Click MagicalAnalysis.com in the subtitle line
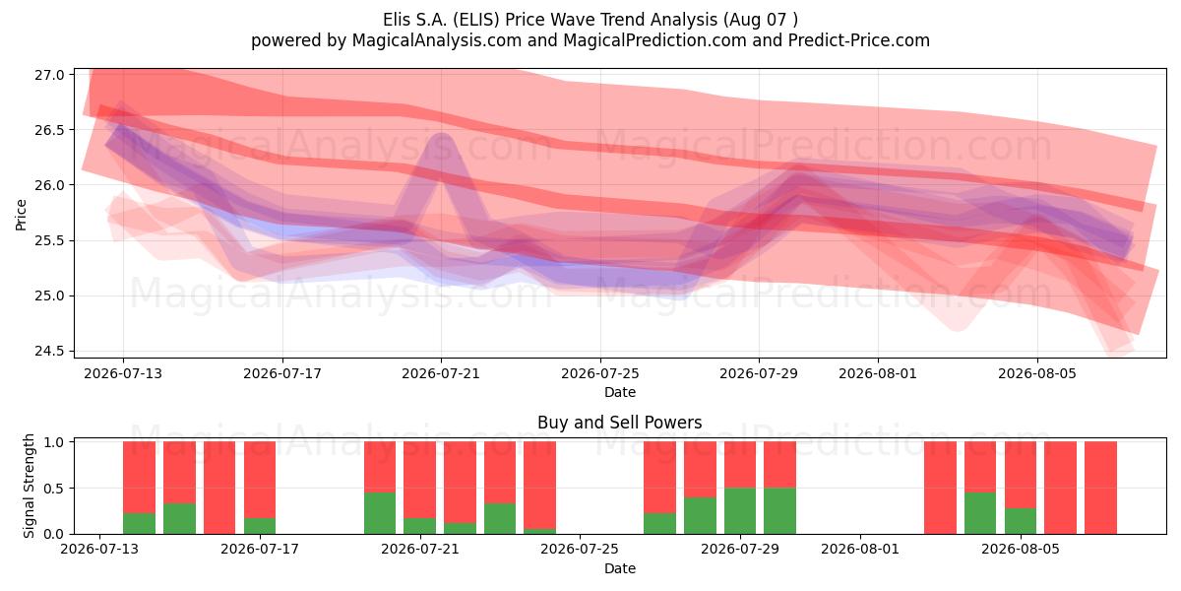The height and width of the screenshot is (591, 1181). point(437,40)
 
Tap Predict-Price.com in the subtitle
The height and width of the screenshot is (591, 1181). point(859,40)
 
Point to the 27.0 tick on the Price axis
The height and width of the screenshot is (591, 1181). point(49,75)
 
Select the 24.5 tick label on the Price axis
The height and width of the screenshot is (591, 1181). point(49,351)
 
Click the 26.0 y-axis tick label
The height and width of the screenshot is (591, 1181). point(49,185)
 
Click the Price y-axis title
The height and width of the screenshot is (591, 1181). point(21,215)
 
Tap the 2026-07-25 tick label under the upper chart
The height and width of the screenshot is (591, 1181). point(600,373)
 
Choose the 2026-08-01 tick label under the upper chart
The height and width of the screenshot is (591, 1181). point(878,373)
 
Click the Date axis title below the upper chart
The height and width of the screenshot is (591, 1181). point(620,392)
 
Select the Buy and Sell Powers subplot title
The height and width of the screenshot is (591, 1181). point(619,423)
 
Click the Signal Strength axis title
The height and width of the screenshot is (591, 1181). point(29,486)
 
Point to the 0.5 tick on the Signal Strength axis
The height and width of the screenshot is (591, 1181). point(53,489)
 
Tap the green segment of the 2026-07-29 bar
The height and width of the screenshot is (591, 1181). point(740,511)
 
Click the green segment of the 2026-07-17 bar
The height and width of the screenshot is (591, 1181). point(260,526)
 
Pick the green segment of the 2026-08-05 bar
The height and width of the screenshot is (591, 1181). point(1021,521)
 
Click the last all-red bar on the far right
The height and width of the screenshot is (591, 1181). point(1100,488)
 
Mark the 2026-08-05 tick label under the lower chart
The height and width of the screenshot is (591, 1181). point(1021,550)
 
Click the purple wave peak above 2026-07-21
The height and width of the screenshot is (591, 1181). point(442,138)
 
